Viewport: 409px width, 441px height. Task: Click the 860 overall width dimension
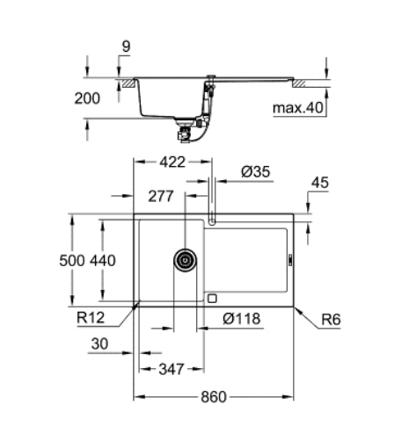(x=214, y=397)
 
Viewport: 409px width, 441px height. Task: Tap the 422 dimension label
(x=172, y=162)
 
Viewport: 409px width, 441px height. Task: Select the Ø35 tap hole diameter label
(x=255, y=171)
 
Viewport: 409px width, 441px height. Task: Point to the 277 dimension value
(x=161, y=196)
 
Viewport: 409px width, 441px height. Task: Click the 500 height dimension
(x=72, y=260)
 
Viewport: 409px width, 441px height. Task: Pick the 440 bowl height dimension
(x=103, y=260)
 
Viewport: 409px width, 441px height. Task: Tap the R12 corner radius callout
(x=91, y=317)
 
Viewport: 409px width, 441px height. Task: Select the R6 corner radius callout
(x=331, y=320)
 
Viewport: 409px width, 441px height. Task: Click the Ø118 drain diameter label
(x=242, y=318)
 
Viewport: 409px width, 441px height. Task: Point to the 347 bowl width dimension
(x=172, y=369)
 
